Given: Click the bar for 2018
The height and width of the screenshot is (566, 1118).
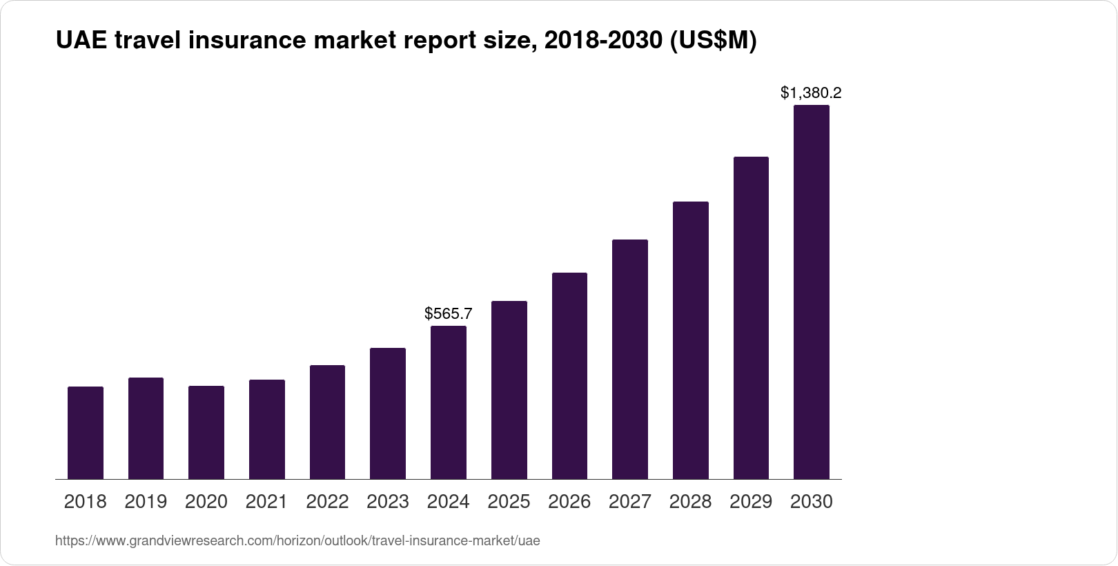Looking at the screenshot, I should coord(86,433).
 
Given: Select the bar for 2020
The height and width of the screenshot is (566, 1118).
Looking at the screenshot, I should coord(206,433).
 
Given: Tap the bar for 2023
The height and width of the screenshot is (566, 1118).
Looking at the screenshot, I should coord(388,413).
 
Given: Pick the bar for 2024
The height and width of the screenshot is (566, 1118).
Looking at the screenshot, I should coord(449,402).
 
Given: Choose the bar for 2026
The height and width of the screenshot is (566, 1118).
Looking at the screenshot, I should coord(569,376).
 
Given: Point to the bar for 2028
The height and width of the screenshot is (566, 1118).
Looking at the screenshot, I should coord(690,340).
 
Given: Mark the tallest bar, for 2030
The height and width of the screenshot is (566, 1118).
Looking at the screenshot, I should coord(812,292).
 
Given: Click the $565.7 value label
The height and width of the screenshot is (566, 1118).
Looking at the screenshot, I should coord(449,314).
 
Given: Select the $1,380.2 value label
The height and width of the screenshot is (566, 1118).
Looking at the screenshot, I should coord(811,92).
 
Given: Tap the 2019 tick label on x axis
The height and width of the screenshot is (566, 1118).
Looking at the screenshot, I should coord(146,502).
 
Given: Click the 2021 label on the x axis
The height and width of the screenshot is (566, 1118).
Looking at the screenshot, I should coord(266,502).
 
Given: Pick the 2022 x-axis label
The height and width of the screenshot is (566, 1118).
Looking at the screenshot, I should coord(327,502).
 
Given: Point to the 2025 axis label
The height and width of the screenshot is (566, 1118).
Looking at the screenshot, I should coord(509,502).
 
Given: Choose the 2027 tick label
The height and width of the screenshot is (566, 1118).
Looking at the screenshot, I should coord(630,502).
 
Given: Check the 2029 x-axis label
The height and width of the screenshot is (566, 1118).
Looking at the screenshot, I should coord(751,502).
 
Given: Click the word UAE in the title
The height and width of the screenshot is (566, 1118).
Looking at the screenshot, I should coord(81,41).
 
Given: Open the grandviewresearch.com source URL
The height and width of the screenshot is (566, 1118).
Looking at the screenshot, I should coord(297,540).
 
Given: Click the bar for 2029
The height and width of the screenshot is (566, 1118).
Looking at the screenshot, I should coord(751,318).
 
